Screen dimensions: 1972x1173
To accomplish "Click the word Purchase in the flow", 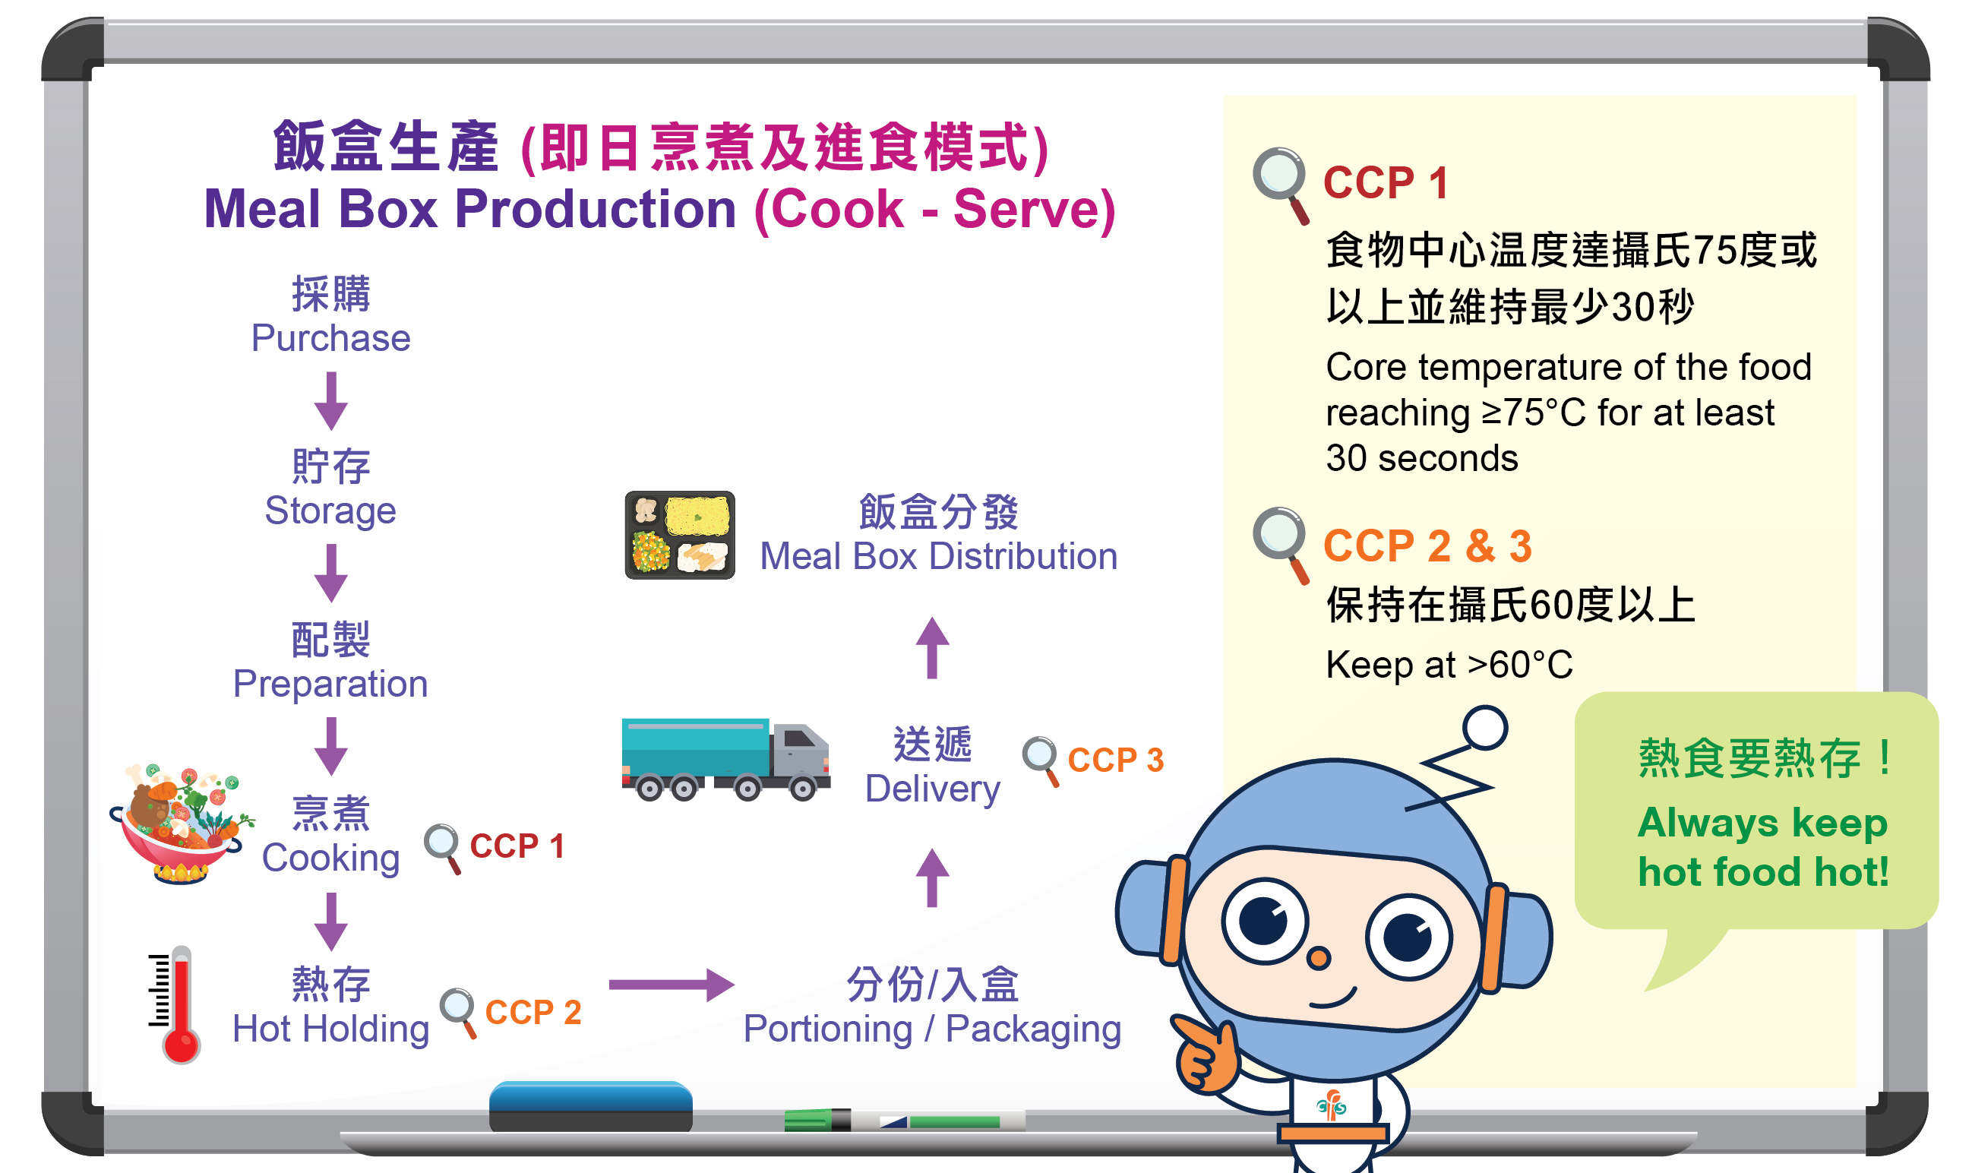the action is [330, 338].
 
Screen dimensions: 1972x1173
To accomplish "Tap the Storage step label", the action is [330, 511].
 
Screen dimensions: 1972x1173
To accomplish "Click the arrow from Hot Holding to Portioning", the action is [672, 985].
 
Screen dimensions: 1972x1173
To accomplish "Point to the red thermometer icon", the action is [175, 1004].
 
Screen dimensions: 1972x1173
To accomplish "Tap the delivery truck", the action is [725, 760].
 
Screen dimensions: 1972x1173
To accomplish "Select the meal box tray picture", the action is [680, 535].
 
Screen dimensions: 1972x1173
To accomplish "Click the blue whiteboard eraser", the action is [590, 1107].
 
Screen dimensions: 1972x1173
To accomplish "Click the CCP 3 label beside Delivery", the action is [1115, 760].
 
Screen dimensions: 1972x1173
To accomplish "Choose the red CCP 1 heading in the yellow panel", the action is [1385, 182].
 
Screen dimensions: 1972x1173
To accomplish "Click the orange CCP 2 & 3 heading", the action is [1427, 545].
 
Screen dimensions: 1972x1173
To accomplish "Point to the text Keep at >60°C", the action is [1449, 665].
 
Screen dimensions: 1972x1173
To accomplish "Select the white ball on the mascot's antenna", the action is [1484, 727].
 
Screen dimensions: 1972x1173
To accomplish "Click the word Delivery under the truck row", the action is [933, 789].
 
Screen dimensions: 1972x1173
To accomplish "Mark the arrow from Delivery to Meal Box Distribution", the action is [932, 647].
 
